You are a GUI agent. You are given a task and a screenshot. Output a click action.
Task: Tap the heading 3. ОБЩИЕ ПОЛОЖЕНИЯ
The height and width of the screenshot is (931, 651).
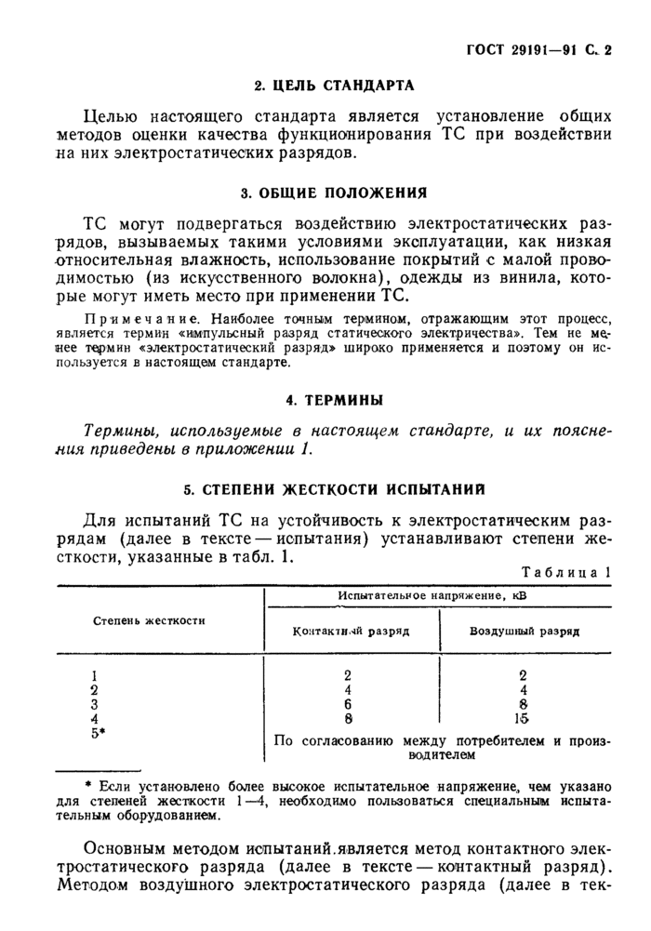[x=334, y=193]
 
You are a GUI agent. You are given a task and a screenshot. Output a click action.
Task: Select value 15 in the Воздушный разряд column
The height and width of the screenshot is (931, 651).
[x=523, y=718]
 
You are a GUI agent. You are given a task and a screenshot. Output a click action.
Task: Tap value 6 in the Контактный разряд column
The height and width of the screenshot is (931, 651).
[x=348, y=704]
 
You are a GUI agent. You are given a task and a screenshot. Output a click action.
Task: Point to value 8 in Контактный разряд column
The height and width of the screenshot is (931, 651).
[x=348, y=718]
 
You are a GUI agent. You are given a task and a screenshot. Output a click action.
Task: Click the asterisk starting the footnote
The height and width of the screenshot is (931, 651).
[x=87, y=784]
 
